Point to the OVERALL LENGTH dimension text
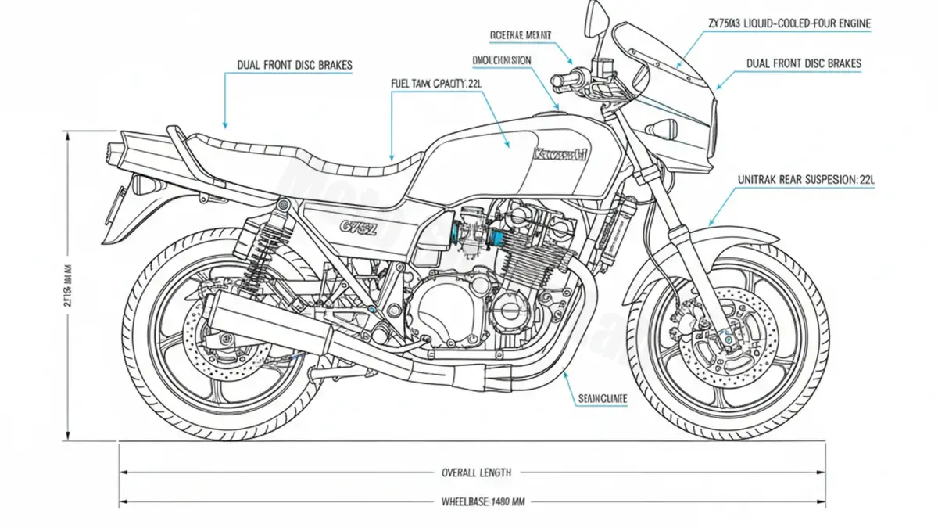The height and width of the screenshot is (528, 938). [x=476, y=472]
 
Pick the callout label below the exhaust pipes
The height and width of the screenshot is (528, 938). [x=603, y=398]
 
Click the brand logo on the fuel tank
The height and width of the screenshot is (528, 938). [x=559, y=155]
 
